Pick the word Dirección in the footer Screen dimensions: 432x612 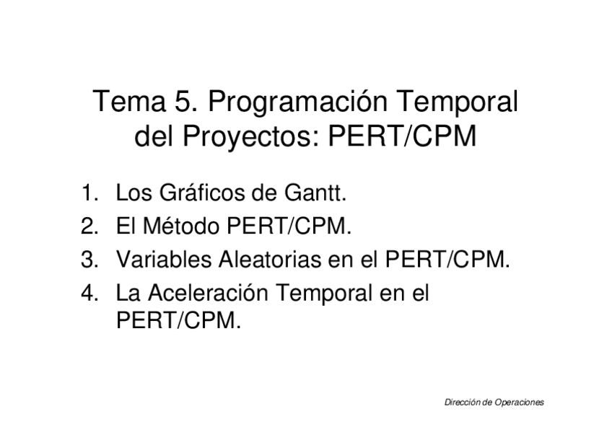click(x=460, y=402)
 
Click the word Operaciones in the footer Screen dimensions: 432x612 click(x=518, y=402)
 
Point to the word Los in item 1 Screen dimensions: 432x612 click(x=132, y=194)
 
